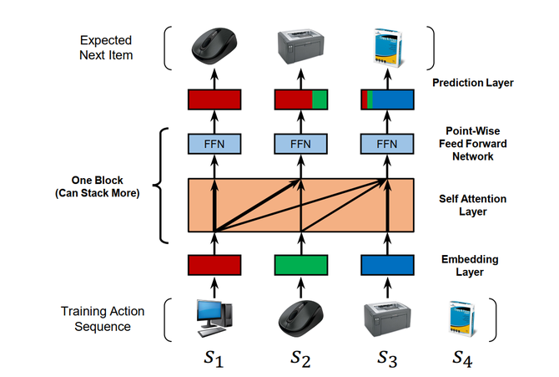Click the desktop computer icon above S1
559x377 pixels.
[214, 318]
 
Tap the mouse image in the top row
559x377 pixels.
[214, 46]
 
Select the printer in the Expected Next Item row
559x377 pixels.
[300, 46]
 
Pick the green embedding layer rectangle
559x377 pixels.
[301, 265]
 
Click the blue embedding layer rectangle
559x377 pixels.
[387, 265]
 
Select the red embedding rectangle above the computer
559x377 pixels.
[214, 265]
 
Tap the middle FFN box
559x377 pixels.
[301, 144]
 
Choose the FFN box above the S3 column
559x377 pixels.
[387, 144]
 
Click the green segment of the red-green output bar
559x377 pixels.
[320, 99]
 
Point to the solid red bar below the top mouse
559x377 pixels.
[214, 99]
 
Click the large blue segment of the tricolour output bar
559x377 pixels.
[393, 99]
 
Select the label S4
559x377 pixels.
[462, 359]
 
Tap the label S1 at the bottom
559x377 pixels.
[214, 359]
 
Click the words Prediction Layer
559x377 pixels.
[473, 83]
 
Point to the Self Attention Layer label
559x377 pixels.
[473, 205]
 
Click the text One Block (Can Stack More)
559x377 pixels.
[98, 186]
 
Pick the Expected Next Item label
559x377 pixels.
[106, 48]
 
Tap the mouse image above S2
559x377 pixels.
[300, 318]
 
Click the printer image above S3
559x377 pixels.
[387, 319]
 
